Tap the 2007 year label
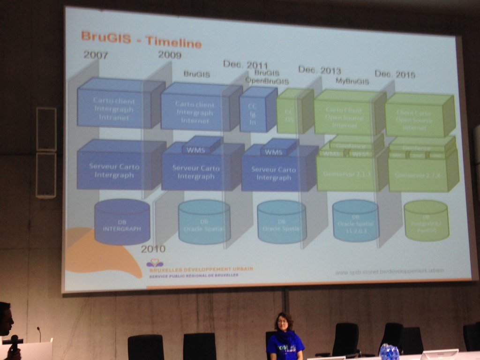click(x=96, y=55)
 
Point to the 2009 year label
click(x=170, y=55)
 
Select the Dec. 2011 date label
click(x=245, y=65)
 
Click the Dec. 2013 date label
click(x=319, y=70)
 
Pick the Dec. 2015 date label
click(x=395, y=75)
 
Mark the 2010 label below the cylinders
click(x=153, y=249)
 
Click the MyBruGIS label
click(x=352, y=81)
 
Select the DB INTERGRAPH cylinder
click(x=122, y=223)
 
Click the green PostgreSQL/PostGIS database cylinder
click(x=426, y=221)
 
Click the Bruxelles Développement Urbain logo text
click(x=201, y=270)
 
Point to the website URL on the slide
click(x=389, y=271)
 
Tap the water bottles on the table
click(x=389, y=352)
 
